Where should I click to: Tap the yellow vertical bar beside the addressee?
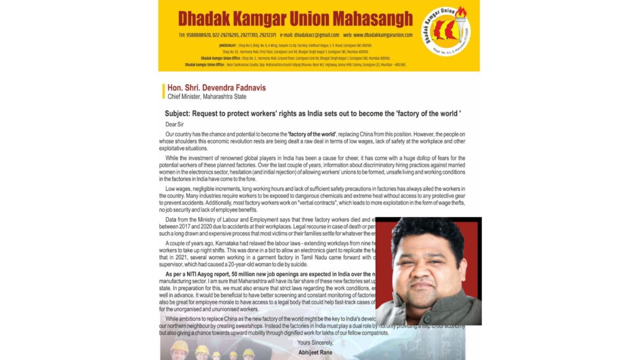pyautogui.click(x=163, y=91)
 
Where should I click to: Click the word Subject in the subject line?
pyautogui.click(x=177, y=114)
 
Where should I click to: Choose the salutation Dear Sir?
pyautogui.click(x=174, y=124)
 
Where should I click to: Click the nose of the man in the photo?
pyautogui.click(x=426, y=273)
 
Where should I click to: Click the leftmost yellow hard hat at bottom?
pyautogui.click(x=179, y=347)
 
